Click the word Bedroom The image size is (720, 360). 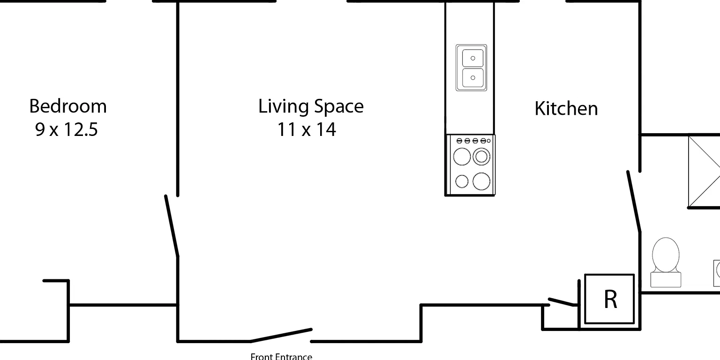click(68, 106)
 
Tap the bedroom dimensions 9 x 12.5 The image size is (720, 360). click(66, 129)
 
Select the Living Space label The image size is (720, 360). click(311, 107)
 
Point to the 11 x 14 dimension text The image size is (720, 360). click(306, 129)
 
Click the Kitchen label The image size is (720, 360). click(566, 108)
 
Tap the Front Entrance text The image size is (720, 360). click(281, 356)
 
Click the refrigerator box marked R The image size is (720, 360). click(609, 299)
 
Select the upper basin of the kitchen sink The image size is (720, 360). click(473, 58)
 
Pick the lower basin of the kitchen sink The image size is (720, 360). click(473, 78)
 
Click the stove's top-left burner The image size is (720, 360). click(462, 157)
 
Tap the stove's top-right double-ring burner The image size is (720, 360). click(481, 157)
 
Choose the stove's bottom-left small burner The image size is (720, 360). click(462, 181)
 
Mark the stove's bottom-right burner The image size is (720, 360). click(481, 181)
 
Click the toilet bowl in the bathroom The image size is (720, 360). click(666, 255)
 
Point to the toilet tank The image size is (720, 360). click(666, 280)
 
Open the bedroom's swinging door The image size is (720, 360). click(172, 226)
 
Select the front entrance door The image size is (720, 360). click(281, 335)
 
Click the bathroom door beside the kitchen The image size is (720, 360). click(634, 202)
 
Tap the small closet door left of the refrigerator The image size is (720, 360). click(562, 302)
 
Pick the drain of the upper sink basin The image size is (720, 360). click(473, 58)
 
